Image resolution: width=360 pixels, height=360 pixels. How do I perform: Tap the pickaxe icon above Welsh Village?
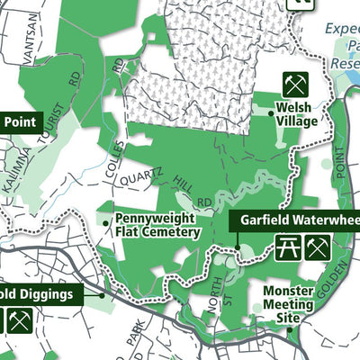(x=295, y=85)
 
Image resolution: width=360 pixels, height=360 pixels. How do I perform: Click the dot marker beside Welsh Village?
(x=270, y=112)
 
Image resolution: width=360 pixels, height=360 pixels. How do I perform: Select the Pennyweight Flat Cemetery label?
(x=157, y=226)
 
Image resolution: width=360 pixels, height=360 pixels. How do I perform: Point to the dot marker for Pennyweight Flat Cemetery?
(x=107, y=220)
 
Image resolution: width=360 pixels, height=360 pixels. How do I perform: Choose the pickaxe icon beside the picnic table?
(x=316, y=247)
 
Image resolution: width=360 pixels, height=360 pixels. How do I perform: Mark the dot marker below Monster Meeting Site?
(x=290, y=328)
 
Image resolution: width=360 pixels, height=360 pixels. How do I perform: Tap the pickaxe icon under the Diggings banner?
(x=21, y=319)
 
